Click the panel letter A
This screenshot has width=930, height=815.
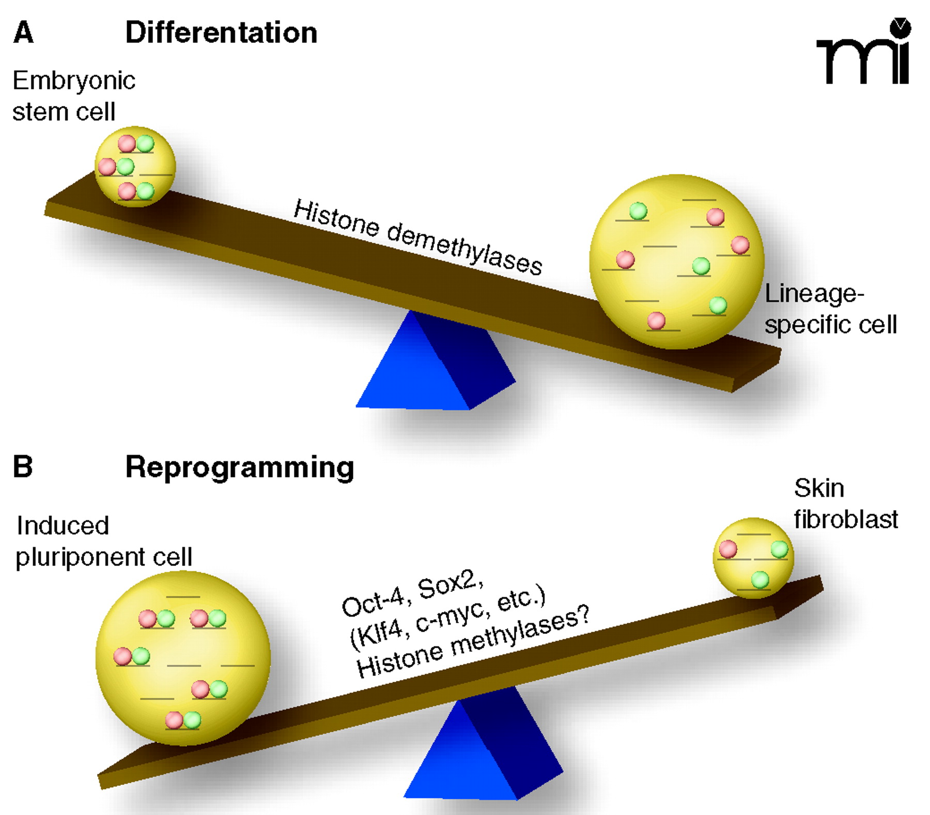tap(23, 33)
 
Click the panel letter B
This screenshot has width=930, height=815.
tap(23, 466)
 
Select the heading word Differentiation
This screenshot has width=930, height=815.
tap(221, 33)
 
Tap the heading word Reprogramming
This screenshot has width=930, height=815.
tap(240, 468)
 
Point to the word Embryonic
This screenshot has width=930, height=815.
tap(74, 81)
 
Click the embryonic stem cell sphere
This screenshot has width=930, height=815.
tap(135, 166)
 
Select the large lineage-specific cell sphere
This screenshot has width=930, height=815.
tap(677, 262)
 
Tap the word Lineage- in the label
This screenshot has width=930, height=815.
tap(814, 294)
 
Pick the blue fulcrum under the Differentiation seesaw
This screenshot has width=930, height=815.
tap(434, 367)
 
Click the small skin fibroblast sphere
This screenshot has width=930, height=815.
tap(753, 558)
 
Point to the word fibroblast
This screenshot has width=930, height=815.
tap(846, 520)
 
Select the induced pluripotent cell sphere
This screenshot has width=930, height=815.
tap(183, 659)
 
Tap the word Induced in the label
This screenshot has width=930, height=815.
tap(63, 526)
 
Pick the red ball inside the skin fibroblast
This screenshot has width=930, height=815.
tap(728, 549)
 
